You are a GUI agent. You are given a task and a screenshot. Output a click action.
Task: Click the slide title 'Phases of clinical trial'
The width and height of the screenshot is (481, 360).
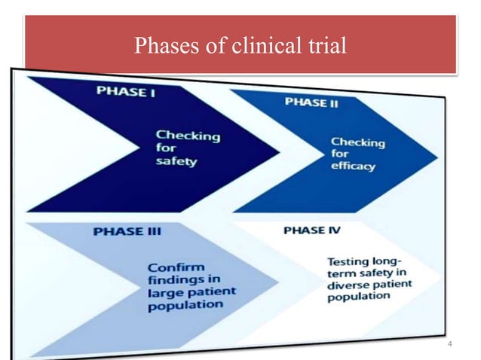pyautogui.click(x=240, y=47)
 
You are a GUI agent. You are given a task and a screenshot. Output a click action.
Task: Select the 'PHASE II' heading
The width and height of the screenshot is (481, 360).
pyautogui.click(x=311, y=102)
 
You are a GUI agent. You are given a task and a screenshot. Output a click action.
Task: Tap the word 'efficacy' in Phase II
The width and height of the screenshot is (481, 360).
pyautogui.click(x=352, y=166)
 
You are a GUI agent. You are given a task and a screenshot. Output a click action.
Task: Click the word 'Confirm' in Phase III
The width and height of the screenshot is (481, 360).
pyautogui.click(x=174, y=267)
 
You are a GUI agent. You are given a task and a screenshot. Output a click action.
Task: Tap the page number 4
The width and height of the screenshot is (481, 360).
pyautogui.click(x=450, y=344)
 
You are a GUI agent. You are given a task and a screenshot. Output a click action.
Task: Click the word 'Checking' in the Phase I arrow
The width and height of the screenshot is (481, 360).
pyautogui.click(x=188, y=136)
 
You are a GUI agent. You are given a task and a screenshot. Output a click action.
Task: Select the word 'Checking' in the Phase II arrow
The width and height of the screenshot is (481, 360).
pyautogui.click(x=358, y=142)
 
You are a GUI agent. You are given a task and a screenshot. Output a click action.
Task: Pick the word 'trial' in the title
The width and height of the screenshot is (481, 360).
pyautogui.click(x=325, y=47)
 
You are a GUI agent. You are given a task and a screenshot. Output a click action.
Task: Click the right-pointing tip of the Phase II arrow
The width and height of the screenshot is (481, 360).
pyautogui.click(x=437, y=156)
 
